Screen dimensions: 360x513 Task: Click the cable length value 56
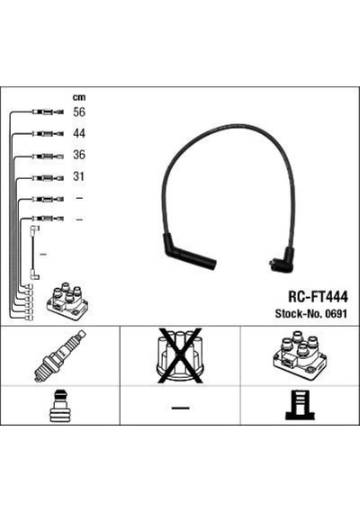[79, 112]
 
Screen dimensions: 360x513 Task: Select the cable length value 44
[79, 133]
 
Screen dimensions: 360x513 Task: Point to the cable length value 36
[79, 155]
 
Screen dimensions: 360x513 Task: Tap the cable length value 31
[78, 176]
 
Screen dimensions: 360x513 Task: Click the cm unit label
[79, 97]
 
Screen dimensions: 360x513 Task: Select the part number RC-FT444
[318, 297]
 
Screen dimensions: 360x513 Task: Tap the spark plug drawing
[60, 356]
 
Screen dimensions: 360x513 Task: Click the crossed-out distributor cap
[180, 355]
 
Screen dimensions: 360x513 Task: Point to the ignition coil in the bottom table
[300, 355]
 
